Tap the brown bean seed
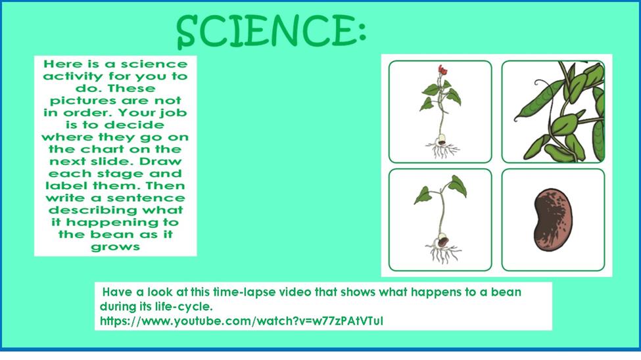click(x=553, y=219)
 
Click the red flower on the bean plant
click(x=442, y=70)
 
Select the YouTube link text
click(x=241, y=321)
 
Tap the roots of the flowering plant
click(x=442, y=150)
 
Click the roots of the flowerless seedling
click(x=443, y=253)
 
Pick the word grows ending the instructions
click(x=115, y=247)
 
